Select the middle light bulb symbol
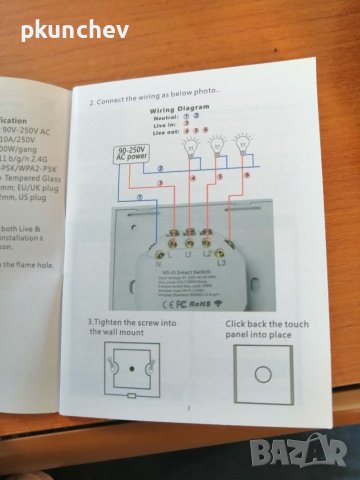click(213, 144)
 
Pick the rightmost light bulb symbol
click(240, 143)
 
